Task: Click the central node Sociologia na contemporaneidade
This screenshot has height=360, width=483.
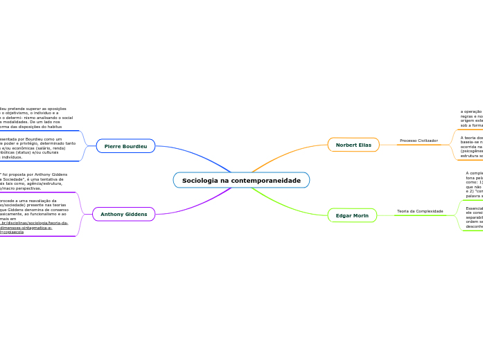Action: point(241,180)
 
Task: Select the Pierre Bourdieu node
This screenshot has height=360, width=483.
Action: point(125,146)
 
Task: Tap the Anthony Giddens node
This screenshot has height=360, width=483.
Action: point(123,214)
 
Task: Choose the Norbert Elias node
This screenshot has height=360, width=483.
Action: point(353,145)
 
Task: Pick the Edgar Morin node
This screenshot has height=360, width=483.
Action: point(351,215)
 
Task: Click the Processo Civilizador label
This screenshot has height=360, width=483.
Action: point(419,141)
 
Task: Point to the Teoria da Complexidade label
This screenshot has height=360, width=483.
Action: point(419,211)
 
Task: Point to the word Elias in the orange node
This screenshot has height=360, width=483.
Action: point(363,145)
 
